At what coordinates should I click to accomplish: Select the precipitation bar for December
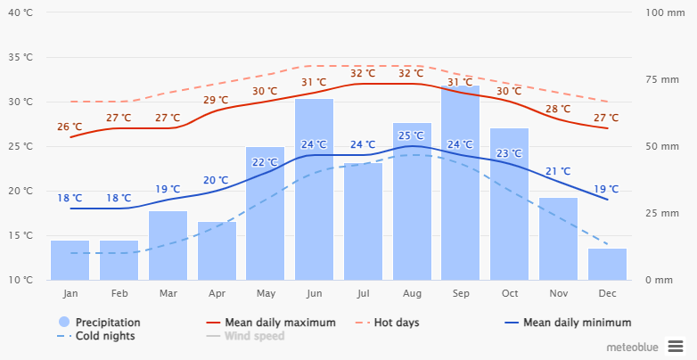pyautogui.click(x=607, y=265)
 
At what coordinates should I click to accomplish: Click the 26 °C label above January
pyautogui.click(x=70, y=127)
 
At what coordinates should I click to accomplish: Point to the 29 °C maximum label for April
pyautogui.click(x=216, y=100)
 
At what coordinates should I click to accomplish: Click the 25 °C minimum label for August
pyautogui.click(x=411, y=135)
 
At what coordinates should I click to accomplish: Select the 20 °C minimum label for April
pyautogui.click(x=216, y=180)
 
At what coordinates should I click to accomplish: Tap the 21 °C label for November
pyautogui.click(x=558, y=171)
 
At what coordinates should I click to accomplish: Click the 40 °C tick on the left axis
pyautogui.click(x=20, y=12)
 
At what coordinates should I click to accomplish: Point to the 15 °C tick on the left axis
pyautogui.click(x=20, y=235)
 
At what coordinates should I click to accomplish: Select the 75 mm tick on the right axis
pyautogui.click(x=662, y=79)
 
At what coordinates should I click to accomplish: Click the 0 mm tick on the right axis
pyautogui.click(x=660, y=280)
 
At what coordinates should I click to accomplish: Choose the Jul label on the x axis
pyautogui.click(x=363, y=293)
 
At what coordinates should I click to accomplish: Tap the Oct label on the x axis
pyautogui.click(x=509, y=293)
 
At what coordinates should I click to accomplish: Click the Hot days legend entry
pyautogui.click(x=396, y=322)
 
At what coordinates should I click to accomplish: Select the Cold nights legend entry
pyautogui.click(x=105, y=336)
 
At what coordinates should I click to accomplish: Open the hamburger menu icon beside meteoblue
pyautogui.click(x=676, y=346)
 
